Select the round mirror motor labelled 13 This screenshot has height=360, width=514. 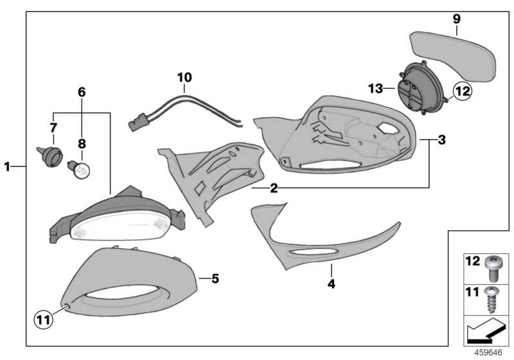(422, 88)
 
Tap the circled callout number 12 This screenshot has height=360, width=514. (462, 91)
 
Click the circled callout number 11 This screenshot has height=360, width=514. (44, 319)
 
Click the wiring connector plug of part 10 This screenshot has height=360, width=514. (138, 122)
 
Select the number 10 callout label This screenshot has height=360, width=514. (184, 78)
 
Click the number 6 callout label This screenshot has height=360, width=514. (82, 92)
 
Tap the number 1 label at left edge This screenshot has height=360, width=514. (7, 166)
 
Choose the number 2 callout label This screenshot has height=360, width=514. (274, 188)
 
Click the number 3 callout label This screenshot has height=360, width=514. (441, 139)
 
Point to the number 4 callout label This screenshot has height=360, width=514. (332, 284)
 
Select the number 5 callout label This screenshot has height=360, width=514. (215, 279)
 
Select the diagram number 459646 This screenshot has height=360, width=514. (488, 352)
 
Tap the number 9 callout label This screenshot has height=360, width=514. (457, 19)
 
